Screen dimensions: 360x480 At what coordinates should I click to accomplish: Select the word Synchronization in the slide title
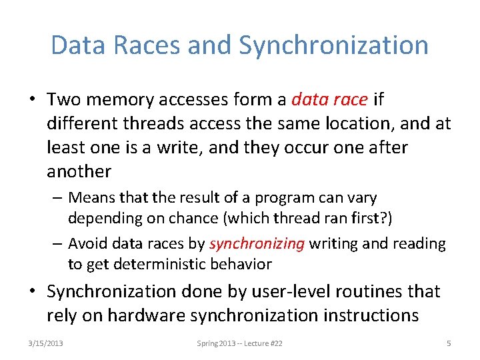pyautogui.click(x=333, y=45)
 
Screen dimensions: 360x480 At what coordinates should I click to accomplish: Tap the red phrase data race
pyautogui.click(x=330, y=100)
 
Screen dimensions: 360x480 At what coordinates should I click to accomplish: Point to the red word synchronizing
pyautogui.click(x=257, y=244)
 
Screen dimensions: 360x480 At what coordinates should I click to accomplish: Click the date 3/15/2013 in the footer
pyautogui.click(x=46, y=343)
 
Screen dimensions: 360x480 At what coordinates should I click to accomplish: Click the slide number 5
pyautogui.click(x=449, y=343)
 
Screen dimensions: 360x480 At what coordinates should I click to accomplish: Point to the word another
pyautogui.click(x=79, y=172)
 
